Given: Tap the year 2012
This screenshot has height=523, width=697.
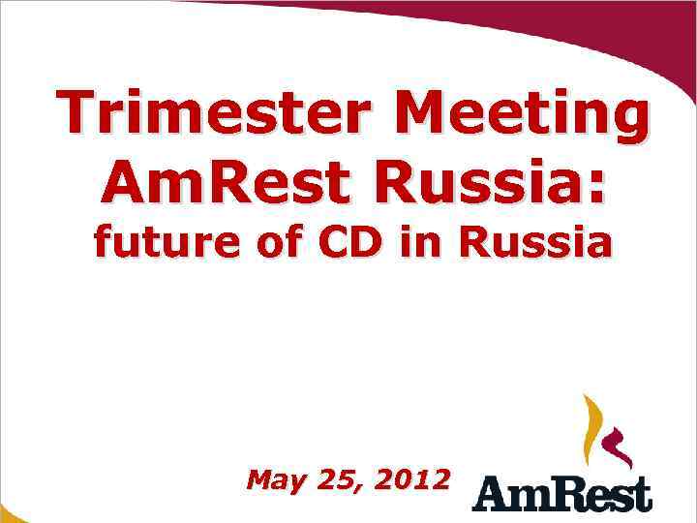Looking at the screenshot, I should (414, 479).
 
